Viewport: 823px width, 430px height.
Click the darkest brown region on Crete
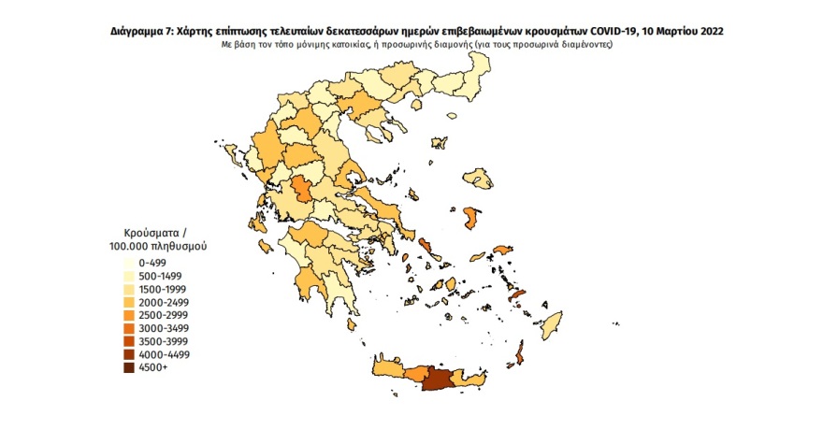coord(437,380)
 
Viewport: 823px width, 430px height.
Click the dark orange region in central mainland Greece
coord(304,190)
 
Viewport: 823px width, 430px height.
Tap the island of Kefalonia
coord(256,225)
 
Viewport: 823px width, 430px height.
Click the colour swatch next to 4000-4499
coord(126,355)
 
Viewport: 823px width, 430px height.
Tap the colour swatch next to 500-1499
coord(126,277)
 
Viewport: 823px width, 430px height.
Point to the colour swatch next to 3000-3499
coord(126,329)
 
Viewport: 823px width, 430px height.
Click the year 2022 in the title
coord(708,32)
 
